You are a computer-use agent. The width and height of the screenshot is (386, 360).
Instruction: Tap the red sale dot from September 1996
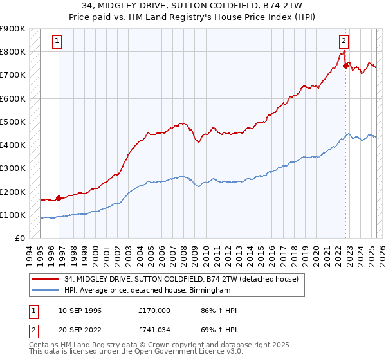[59, 198]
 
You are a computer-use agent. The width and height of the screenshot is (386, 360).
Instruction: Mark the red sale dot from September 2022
[345, 65]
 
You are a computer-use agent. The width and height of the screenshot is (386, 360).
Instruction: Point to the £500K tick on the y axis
[13, 122]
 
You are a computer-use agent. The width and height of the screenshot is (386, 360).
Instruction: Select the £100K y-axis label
[13, 215]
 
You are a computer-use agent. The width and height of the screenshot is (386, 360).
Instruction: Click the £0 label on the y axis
[20, 239]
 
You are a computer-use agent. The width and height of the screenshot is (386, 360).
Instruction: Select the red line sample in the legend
[44, 280]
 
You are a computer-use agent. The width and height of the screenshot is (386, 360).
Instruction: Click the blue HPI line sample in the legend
[44, 291]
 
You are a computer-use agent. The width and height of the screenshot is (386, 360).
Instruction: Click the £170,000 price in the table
[154, 310]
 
